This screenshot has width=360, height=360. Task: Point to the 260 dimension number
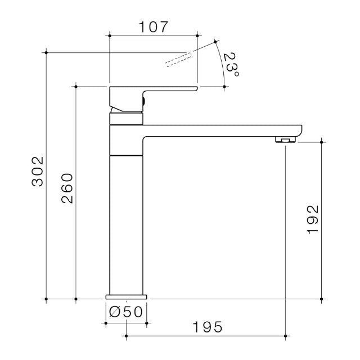point(67,188)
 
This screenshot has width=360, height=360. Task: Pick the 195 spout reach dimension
point(206,326)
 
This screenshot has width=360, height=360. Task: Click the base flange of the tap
point(126,296)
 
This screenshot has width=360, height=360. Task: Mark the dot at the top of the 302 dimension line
point(46,52)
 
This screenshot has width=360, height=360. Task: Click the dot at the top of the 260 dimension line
point(75,86)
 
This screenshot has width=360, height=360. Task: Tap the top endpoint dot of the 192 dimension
point(321,142)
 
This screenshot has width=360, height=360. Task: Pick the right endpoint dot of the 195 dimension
point(286,337)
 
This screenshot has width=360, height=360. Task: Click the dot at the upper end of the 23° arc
point(215,41)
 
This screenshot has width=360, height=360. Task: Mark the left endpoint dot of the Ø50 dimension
point(105,323)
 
